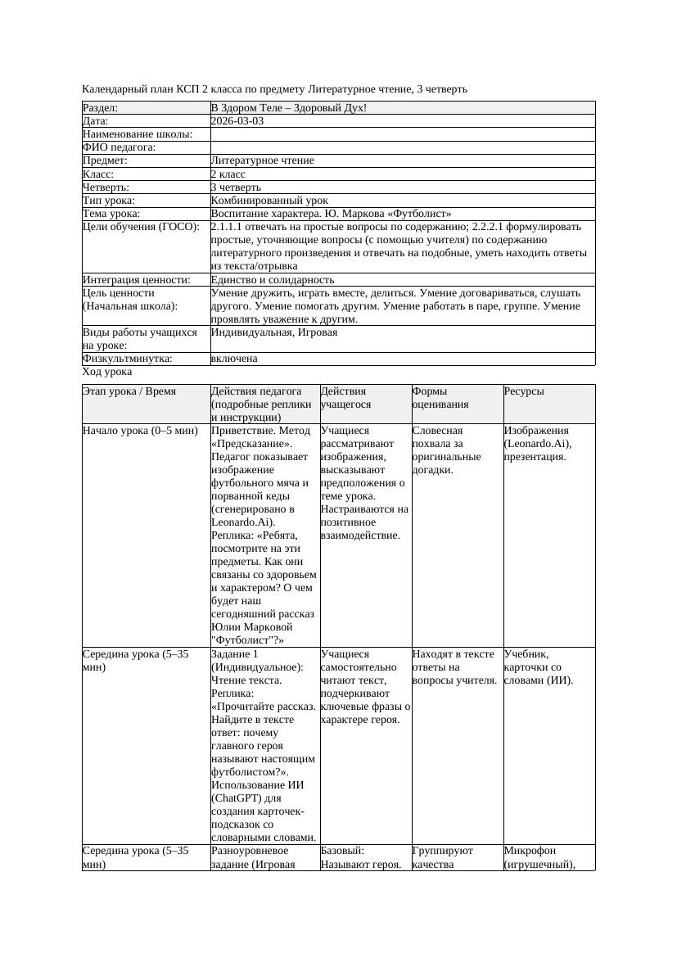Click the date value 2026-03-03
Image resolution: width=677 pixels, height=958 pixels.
(x=237, y=121)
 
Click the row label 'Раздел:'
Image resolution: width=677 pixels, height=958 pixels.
(x=101, y=108)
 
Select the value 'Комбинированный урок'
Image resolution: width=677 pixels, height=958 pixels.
(x=269, y=201)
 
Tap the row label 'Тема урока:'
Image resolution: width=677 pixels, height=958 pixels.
(x=111, y=214)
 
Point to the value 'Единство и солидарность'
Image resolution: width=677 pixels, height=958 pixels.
(x=272, y=280)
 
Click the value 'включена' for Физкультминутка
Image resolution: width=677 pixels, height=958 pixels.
(x=234, y=359)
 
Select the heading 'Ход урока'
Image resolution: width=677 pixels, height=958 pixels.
(x=107, y=372)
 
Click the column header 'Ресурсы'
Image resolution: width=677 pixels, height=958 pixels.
(x=524, y=391)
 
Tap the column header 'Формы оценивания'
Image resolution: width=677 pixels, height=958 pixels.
(x=442, y=397)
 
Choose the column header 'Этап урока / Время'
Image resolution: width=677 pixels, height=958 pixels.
(x=129, y=391)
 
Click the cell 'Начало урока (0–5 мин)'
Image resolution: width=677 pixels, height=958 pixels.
(x=140, y=431)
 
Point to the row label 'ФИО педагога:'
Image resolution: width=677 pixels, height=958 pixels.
(x=120, y=147)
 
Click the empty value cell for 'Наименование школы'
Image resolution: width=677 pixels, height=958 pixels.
(x=402, y=134)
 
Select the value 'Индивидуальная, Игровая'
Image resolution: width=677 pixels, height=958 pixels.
(x=274, y=332)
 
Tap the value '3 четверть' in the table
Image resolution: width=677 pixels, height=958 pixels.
(x=236, y=188)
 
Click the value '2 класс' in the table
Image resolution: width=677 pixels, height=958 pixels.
(x=228, y=174)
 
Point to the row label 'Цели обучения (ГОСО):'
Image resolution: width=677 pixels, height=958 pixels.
(x=141, y=227)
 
